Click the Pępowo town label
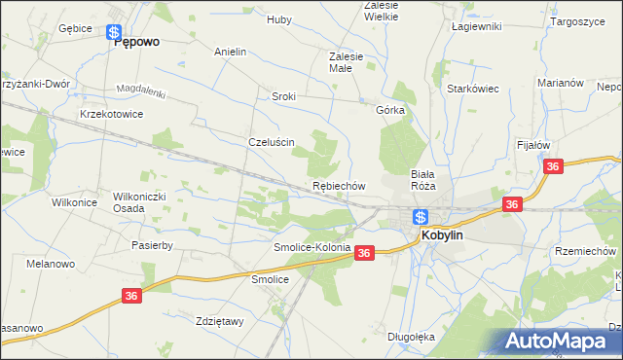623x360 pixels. (137, 43)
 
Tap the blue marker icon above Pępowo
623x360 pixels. (114, 31)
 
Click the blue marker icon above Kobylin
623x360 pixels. (420, 217)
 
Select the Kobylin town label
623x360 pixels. (447, 235)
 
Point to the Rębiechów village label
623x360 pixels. (338, 185)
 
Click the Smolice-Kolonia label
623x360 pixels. (311, 248)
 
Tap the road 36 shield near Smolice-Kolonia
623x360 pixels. (364, 253)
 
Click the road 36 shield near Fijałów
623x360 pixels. (554, 167)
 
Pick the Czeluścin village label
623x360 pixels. (272, 141)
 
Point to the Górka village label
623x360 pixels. (390, 110)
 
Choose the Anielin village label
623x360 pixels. (230, 52)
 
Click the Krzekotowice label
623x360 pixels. (112, 114)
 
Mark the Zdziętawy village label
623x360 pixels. (219, 321)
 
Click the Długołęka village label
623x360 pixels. (410, 337)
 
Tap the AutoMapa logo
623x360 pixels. (563, 342)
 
